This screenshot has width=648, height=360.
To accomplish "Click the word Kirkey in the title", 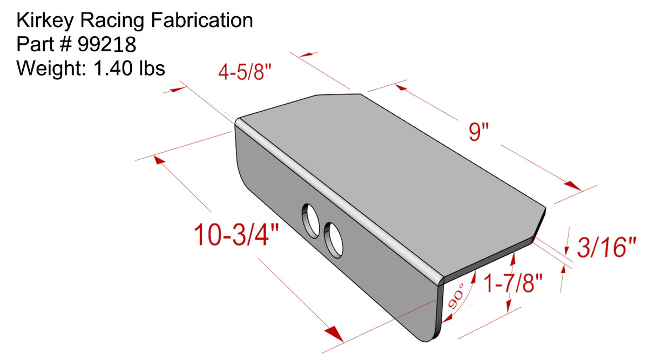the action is tap(45, 21).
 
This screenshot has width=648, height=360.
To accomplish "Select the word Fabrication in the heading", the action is tap(202, 21).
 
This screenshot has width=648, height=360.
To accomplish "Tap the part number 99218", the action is tap(107, 45).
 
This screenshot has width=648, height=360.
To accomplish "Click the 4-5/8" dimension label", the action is tap(245, 72).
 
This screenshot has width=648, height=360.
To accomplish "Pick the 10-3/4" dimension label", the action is tap(236, 234).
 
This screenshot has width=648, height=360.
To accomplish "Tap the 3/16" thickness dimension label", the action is tap(606, 247).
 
